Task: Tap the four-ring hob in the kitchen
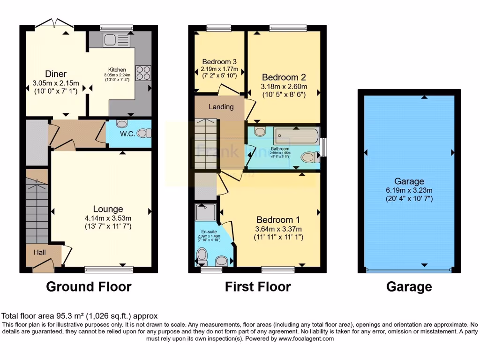click(x=143, y=73)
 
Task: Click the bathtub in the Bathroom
click(x=296, y=137)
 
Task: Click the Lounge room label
click(x=108, y=209)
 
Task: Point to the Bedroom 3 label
click(x=219, y=62)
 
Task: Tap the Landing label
click(x=221, y=107)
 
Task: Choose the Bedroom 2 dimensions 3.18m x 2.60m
click(x=284, y=86)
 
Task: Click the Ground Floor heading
click(x=89, y=286)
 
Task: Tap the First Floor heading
click(x=258, y=286)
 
